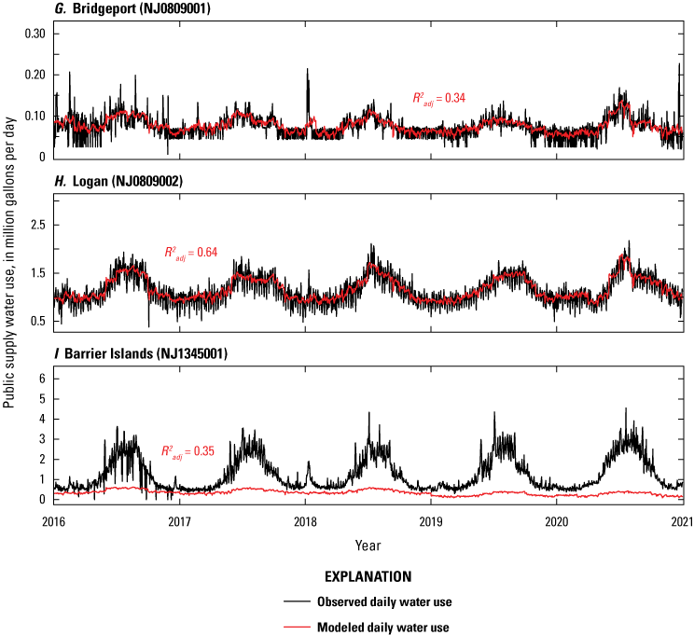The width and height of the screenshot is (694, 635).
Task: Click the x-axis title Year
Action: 368,543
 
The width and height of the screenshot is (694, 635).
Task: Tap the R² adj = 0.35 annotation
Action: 187,451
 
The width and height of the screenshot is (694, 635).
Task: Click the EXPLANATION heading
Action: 367,577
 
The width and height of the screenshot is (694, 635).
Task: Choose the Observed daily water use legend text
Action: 388,602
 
